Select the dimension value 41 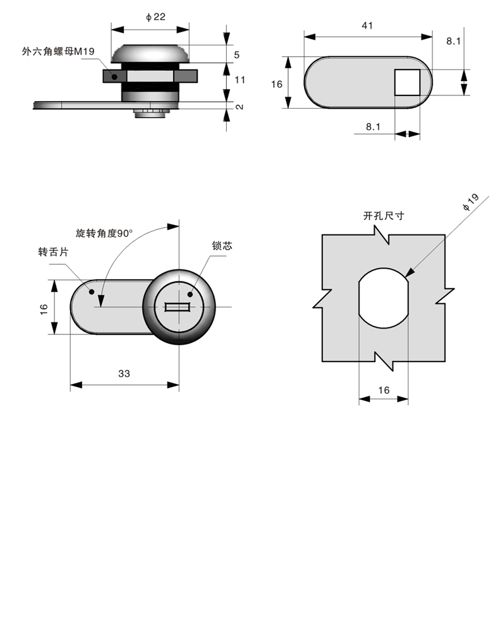pos(367,26)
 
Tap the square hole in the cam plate pos(408,82)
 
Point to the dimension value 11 pos(240,80)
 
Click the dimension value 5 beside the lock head pos(236,55)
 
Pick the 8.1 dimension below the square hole pos(373,126)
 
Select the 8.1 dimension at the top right pos(452,40)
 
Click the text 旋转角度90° pos(104,233)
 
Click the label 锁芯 pos(222,246)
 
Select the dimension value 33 pos(124,374)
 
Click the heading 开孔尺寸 pos(384,216)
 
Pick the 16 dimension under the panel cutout pos(384,390)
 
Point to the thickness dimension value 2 pos(240,106)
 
